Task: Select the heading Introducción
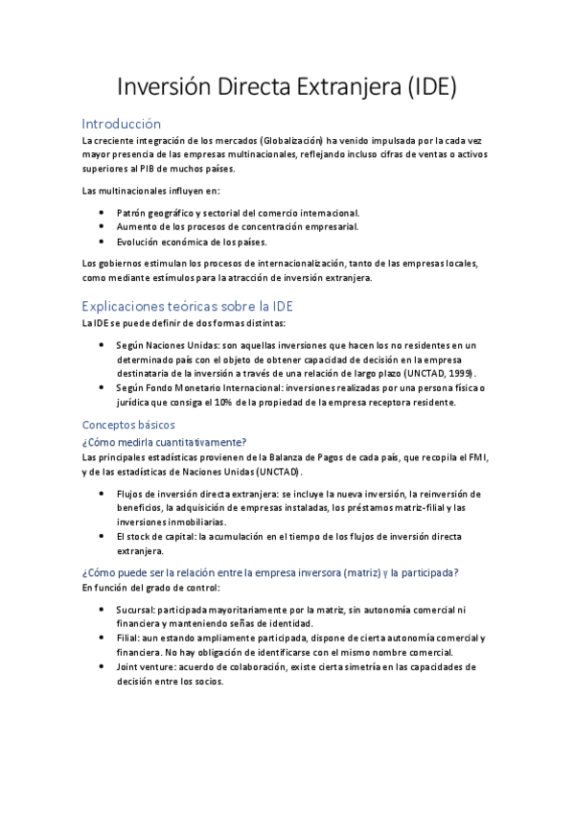pyautogui.click(x=122, y=124)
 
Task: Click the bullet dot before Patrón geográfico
pyautogui.click(x=103, y=212)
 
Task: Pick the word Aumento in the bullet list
pyautogui.click(x=135, y=226)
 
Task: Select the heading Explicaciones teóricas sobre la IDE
pyautogui.click(x=187, y=306)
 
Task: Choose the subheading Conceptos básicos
pyautogui.click(x=128, y=424)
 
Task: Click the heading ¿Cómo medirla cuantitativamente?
pyautogui.click(x=164, y=441)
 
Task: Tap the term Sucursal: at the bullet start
pyautogui.click(x=136, y=609)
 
